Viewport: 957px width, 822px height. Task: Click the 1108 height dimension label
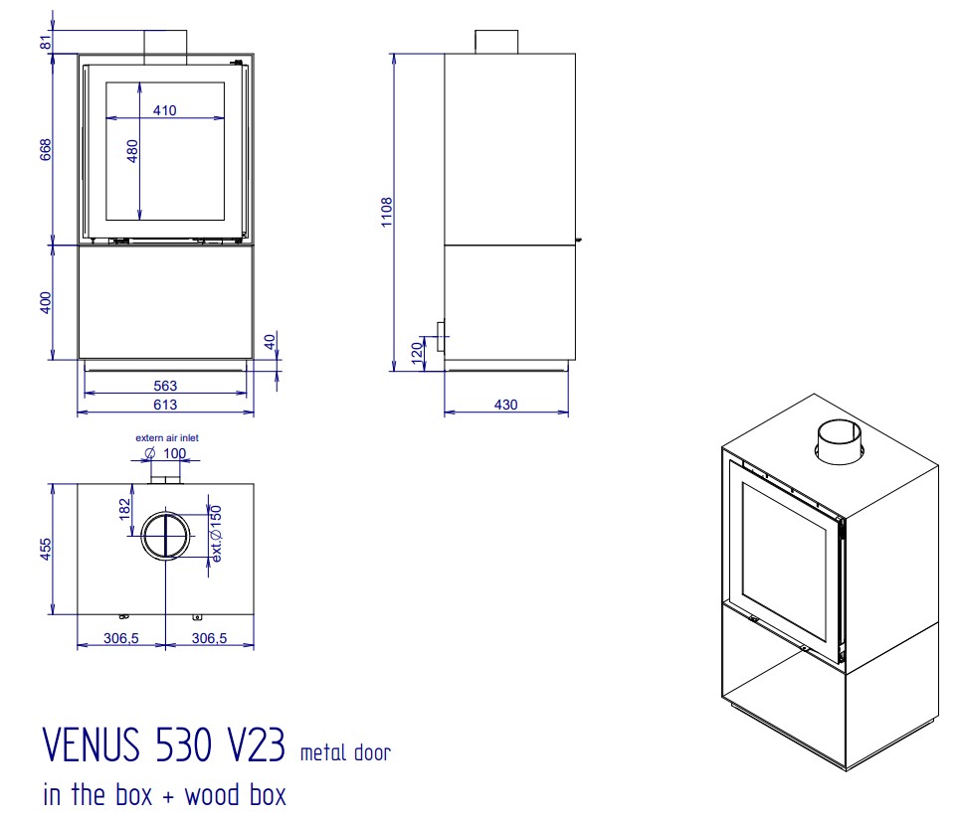(386, 212)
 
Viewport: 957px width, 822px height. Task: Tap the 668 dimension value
(46, 149)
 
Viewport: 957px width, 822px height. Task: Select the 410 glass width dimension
(165, 110)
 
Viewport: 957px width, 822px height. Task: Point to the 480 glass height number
(132, 151)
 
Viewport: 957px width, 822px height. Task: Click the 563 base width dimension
(165, 386)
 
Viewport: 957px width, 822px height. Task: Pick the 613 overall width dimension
(165, 405)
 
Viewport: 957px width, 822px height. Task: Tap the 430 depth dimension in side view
(505, 405)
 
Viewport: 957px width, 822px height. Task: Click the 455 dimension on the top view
(46, 549)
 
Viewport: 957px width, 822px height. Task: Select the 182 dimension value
(124, 509)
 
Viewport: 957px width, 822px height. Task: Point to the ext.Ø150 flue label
(216, 533)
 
